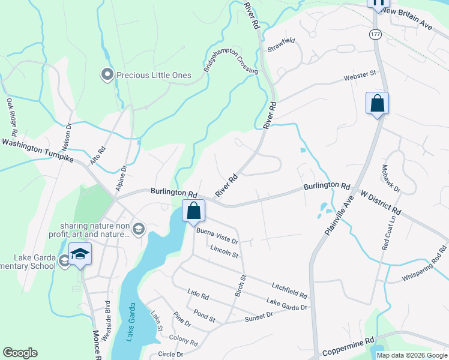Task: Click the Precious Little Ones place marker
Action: click(107, 75)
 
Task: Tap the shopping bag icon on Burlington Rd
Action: click(193, 211)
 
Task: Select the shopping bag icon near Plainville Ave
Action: click(377, 103)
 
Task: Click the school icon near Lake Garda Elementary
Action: click(80, 254)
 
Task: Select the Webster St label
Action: click(360, 76)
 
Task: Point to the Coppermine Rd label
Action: click(348, 347)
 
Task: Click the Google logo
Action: click(20, 353)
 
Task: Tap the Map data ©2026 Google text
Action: click(412, 355)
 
